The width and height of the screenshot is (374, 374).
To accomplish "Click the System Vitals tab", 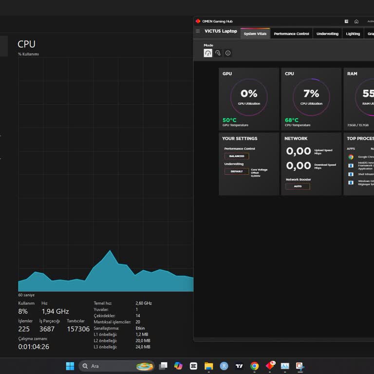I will pos(255,34).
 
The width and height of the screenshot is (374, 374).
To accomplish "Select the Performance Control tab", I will pos(291,34).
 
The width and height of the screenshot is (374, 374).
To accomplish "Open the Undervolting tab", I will pos(327,34).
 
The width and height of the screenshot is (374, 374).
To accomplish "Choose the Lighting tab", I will pos(353,34).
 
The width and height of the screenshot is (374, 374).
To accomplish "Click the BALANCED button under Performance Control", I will pos(237,156).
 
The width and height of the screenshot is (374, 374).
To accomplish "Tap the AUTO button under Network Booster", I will pos(298,187).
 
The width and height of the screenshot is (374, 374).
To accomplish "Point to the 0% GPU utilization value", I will pos(249,93).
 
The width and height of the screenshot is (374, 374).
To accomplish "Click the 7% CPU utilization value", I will pos(311,93).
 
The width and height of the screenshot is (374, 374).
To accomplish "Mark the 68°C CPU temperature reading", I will pos(292,120).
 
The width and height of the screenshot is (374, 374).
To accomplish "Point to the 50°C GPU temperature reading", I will pos(229,120).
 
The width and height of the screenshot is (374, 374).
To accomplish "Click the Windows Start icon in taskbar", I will pos(70,366).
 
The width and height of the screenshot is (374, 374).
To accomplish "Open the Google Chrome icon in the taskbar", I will pos(254,366).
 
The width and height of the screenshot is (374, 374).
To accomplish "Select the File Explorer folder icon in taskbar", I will pos(208,366).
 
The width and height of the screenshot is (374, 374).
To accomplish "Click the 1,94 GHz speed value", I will pos(55,311).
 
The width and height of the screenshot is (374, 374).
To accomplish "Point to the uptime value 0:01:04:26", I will pos(34,347).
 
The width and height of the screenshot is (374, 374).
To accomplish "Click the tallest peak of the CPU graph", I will pos(110,251).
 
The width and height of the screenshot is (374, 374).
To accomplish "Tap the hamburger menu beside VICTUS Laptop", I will pos(198,31).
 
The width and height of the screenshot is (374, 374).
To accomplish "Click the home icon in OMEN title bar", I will pos(356,21).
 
